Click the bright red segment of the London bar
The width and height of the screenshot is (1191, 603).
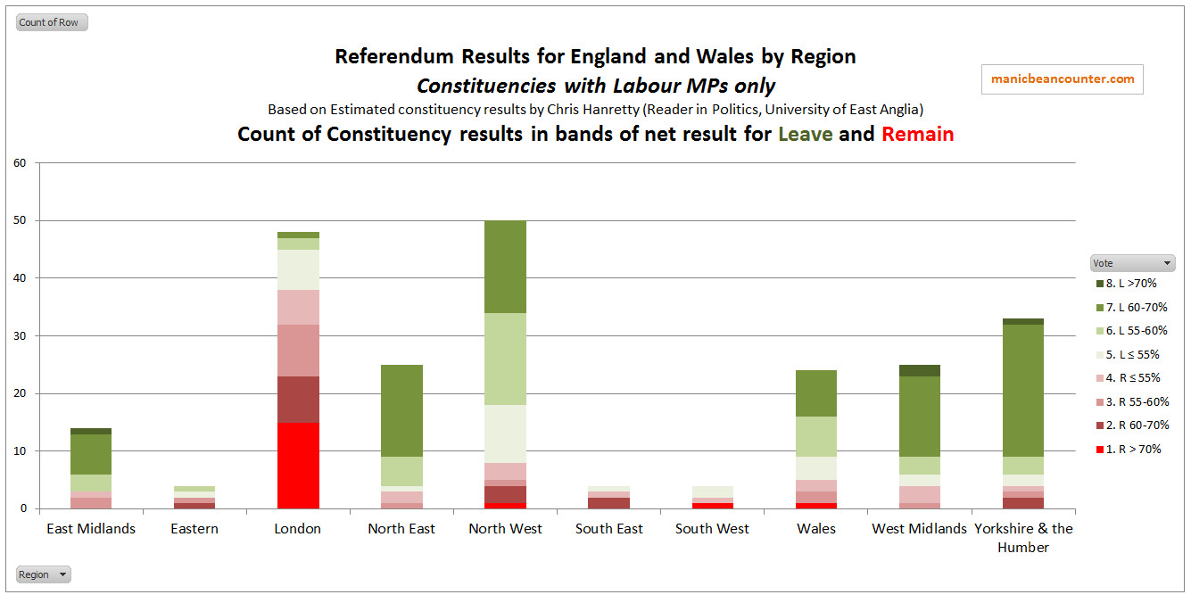tap(298, 466)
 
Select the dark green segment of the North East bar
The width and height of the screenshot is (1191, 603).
tap(401, 410)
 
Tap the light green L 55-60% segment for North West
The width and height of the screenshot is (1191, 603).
tap(505, 359)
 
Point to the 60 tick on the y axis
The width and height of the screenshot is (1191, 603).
tap(21, 163)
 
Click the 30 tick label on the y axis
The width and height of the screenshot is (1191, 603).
tap(21, 336)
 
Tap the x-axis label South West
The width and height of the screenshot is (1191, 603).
tap(712, 529)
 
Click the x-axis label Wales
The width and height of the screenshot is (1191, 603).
tap(816, 529)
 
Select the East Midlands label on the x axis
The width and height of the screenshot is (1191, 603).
tap(91, 529)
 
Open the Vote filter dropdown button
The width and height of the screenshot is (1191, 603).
tap(1132, 263)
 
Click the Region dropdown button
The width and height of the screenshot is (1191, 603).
tap(43, 574)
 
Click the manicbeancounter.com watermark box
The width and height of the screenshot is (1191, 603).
tap(1063, 78)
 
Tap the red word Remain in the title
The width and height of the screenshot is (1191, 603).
tap(917, 135)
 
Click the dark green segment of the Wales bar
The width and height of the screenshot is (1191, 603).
tap(816, 393)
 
